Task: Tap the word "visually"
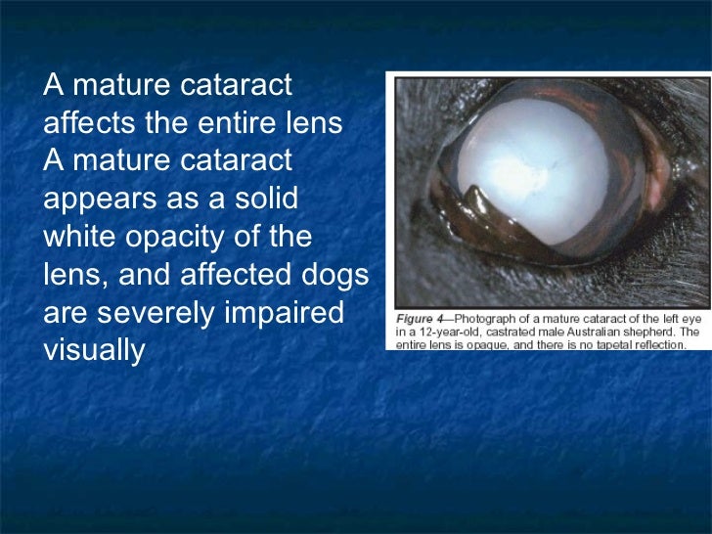[x=94, y=349]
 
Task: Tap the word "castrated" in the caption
[x=507, y=332]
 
